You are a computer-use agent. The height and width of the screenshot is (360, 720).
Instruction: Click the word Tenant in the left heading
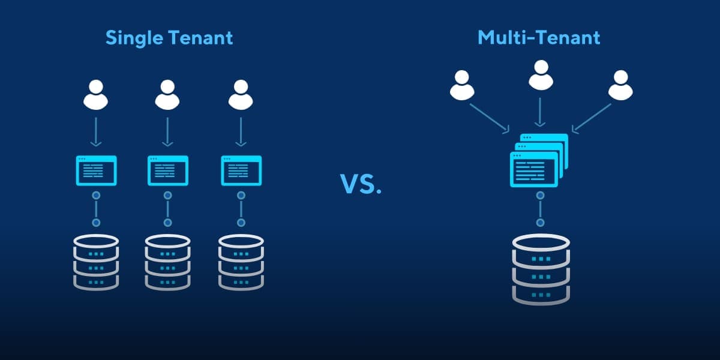201,38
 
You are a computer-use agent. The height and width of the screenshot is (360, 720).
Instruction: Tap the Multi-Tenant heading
538,38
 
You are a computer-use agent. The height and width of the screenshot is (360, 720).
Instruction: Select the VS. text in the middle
361,184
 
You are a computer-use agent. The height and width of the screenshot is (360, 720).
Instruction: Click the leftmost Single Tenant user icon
95,95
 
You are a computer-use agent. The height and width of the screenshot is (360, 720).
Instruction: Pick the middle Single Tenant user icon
167,95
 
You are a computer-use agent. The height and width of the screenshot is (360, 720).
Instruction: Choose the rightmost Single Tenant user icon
241,95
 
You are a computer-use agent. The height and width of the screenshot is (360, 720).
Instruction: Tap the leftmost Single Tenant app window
96,171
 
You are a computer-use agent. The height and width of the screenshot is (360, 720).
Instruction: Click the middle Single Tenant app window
168,171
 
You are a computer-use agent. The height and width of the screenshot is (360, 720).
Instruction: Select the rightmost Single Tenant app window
242,171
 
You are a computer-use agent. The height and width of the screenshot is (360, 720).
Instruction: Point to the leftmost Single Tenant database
96,262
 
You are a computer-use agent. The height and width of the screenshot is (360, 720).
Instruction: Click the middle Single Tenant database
168,262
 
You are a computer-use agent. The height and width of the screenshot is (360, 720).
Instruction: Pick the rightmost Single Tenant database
241,262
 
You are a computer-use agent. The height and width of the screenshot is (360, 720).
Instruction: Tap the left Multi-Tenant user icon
462,85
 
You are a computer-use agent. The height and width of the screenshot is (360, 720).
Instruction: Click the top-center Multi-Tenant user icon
541,74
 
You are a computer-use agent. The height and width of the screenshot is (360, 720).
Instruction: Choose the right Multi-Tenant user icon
620,85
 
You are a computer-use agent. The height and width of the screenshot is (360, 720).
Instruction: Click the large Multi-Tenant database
541,268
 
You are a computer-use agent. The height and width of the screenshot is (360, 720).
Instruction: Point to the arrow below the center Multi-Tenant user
541,112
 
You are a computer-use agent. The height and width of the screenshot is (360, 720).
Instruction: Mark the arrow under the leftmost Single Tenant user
95,132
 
